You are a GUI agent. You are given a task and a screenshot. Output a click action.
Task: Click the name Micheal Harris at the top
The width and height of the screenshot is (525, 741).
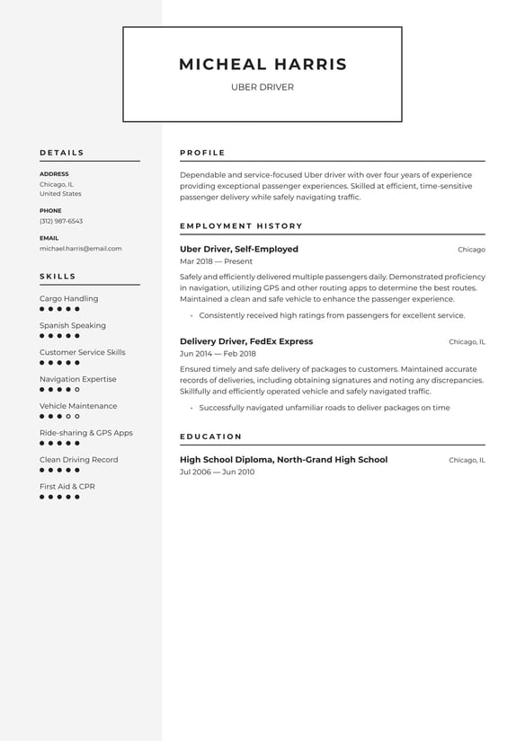pos(262,65)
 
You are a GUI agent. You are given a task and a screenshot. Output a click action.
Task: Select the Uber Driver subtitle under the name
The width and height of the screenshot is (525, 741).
pos(262,87)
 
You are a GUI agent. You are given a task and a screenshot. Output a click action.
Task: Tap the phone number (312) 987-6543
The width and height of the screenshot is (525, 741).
pos(61,221)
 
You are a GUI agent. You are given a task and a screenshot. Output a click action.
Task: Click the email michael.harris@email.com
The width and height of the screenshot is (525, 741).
pos(80,248)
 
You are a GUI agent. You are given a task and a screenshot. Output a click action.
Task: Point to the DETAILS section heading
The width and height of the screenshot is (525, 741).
pos(62,153)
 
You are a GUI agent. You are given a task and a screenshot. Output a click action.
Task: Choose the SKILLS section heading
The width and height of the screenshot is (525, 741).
pos(58,277)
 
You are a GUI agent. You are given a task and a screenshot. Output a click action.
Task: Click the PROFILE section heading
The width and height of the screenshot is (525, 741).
pos(202,153)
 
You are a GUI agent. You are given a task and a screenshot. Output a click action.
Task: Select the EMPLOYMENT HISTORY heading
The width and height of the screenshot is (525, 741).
pos(241,226)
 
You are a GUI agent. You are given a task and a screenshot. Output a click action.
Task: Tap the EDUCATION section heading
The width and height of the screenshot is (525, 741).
pos(210,437)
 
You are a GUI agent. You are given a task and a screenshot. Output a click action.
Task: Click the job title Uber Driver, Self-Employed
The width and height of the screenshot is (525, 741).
pos(238,249)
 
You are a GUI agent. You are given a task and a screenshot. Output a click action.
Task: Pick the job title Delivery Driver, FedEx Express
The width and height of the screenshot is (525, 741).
pos(246,341)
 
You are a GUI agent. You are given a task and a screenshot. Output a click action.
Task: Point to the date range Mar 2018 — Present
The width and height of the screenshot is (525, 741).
pos(216,261)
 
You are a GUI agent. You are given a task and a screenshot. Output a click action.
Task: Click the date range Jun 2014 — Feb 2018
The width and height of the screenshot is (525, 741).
pos(218,354)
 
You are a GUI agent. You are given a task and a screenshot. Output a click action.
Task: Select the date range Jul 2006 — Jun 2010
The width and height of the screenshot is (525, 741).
pos(217,472)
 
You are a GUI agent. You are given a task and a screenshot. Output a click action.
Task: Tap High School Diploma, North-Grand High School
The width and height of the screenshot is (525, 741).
pos(283,460)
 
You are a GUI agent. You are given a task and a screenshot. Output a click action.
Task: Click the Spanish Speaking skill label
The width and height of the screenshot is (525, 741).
pos(72,325)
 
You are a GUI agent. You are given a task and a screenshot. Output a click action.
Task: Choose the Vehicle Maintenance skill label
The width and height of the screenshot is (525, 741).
pos(78,406)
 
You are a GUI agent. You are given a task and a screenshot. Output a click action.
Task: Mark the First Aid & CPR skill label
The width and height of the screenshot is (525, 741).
pos(67,487)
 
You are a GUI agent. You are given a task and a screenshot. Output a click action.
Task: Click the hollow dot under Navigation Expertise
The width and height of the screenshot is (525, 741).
pos(77,390)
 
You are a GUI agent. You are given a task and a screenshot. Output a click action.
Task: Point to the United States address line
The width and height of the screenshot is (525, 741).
pos(60,193)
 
